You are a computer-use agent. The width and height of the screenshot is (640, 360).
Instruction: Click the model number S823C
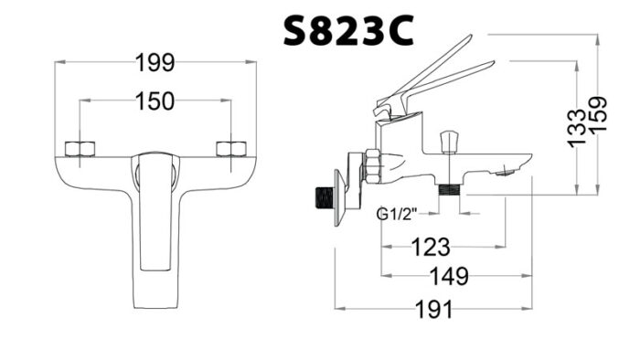click(x=347, y=30)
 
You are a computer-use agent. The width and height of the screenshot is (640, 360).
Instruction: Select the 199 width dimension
click(x=155, y=62)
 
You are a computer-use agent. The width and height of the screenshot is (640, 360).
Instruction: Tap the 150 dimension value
click(x=155, y=101)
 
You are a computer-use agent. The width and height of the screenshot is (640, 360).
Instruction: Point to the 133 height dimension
click(x=575, y=128)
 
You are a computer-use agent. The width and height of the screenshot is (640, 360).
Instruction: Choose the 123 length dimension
click(x=430, y=246)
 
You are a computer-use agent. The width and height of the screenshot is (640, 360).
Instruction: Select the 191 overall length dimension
click(x=433, y=309)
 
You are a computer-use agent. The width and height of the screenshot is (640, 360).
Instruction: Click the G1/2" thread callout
click(x=396, y=216)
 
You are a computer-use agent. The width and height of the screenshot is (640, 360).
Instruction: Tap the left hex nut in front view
click(x=80, y=148)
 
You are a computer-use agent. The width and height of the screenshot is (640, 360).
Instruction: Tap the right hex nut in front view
click(x=230, y=148)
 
